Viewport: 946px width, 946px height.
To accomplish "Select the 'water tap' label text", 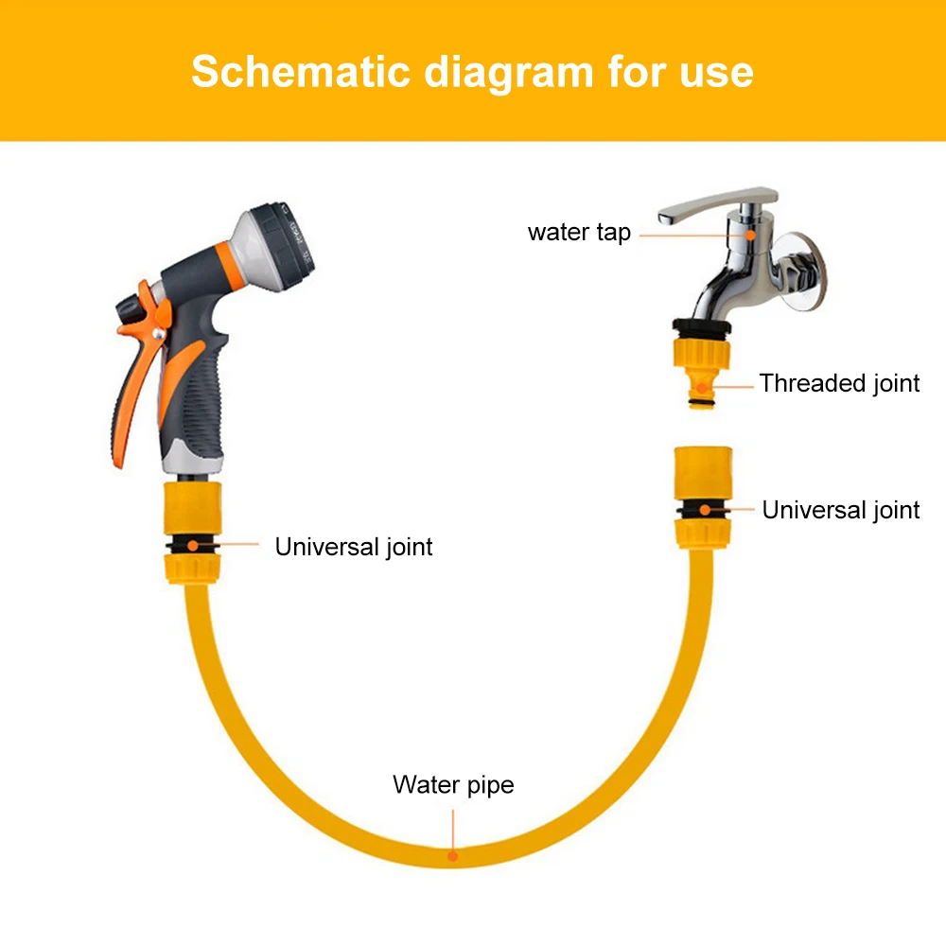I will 579,233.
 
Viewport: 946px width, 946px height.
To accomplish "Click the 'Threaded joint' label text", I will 839,383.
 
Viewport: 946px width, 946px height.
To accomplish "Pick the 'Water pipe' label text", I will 453,785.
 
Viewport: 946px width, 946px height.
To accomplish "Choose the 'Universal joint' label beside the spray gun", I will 354,547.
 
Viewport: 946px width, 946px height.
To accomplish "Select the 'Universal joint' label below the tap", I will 840,510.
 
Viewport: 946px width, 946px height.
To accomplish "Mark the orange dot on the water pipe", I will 453,856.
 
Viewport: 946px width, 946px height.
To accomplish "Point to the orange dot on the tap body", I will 748,232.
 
